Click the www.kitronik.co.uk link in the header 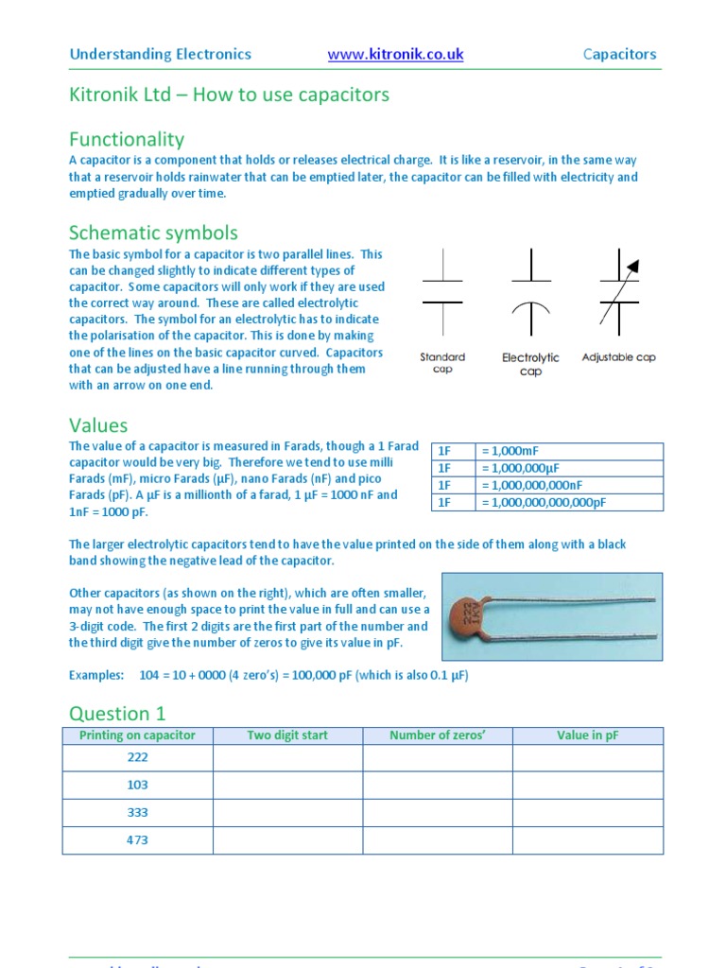point(395,54)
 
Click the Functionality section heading point(127,139)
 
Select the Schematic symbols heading point(153,233)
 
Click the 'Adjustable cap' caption point(618,357)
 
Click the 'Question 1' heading point(110,713)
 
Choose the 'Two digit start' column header point(287,735)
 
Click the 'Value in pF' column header point(587,735)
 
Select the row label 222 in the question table point(137,758)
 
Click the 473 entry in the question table point(137,840)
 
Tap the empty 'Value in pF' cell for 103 point(587,786)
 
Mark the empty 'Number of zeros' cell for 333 point(437,813)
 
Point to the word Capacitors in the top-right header point(619,54)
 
